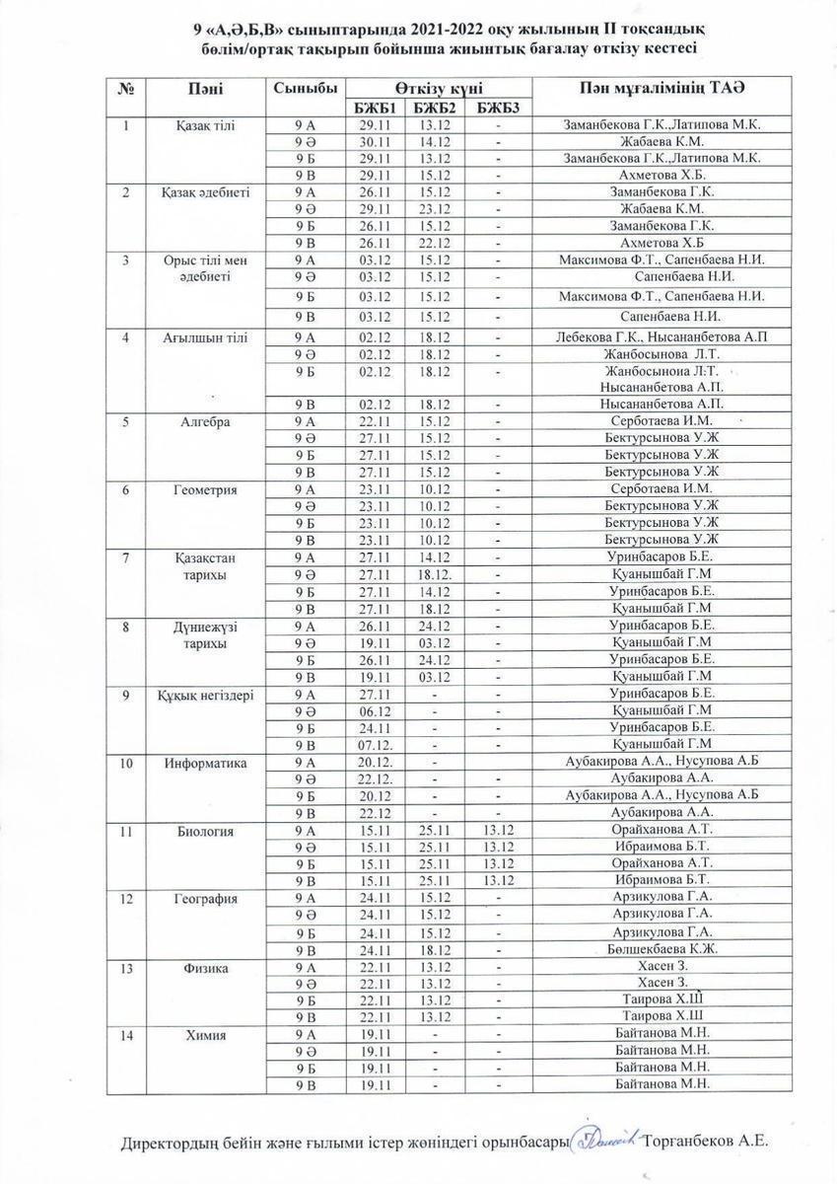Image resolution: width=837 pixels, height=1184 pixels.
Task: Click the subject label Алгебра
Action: pos(206,421)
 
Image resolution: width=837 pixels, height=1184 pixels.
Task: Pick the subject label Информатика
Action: pos(206,763)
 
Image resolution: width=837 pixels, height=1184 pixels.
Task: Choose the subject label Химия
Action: pos(206,1035)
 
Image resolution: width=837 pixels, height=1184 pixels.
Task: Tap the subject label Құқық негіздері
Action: pos(206,695)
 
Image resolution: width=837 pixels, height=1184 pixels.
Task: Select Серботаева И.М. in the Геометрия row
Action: pos(661,489)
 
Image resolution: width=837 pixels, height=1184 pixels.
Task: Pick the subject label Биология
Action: pos(206,831)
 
